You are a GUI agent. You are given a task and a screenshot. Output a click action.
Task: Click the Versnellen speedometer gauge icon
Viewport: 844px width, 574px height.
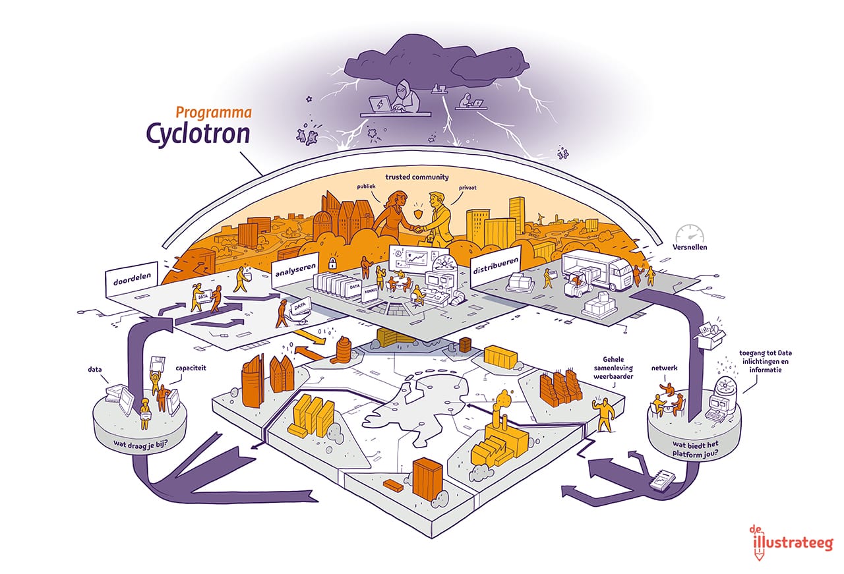click(689, 235)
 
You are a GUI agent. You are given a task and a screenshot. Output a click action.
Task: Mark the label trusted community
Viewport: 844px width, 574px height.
click(416, 177)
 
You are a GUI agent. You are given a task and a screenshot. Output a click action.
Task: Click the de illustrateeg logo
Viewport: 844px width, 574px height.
click(792, 541)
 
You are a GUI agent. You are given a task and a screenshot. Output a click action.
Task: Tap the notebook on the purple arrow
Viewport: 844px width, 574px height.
click(660, 484)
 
